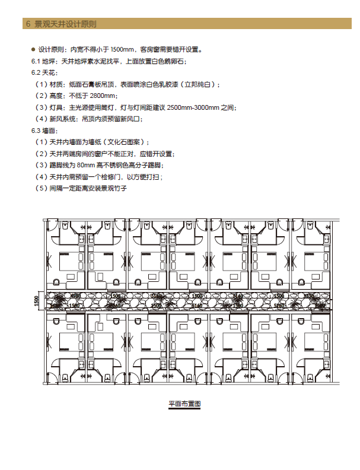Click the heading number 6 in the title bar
tap(27, 24)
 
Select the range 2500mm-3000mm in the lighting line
tap(196, 107)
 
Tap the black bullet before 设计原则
tap(33, 49)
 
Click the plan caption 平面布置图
tap(185, 404)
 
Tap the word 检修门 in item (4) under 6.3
tap(105, 177)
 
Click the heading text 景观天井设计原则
tap(65, 24)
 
